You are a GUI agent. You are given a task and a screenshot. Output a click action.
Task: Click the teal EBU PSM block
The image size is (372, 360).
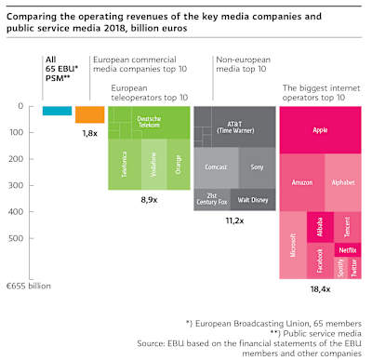[x=57, y=111]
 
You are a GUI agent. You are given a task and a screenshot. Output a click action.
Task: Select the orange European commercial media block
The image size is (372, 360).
[x=89, y=114]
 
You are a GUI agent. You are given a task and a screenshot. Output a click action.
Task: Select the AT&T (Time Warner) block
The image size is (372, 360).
[x=234, y=126]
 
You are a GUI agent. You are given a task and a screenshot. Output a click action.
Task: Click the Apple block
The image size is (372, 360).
[x=319, y=129]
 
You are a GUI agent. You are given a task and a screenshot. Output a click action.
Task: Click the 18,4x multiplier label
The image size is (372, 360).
[x=319, y=290]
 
